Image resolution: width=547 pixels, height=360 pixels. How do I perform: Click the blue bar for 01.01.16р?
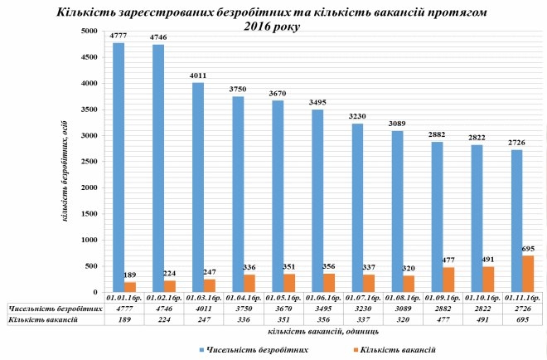click(x=119, y=166)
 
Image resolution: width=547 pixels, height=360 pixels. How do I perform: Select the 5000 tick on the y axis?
click(x=86, y=32)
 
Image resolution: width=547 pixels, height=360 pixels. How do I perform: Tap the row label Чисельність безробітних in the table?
click(x=51, y=307)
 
